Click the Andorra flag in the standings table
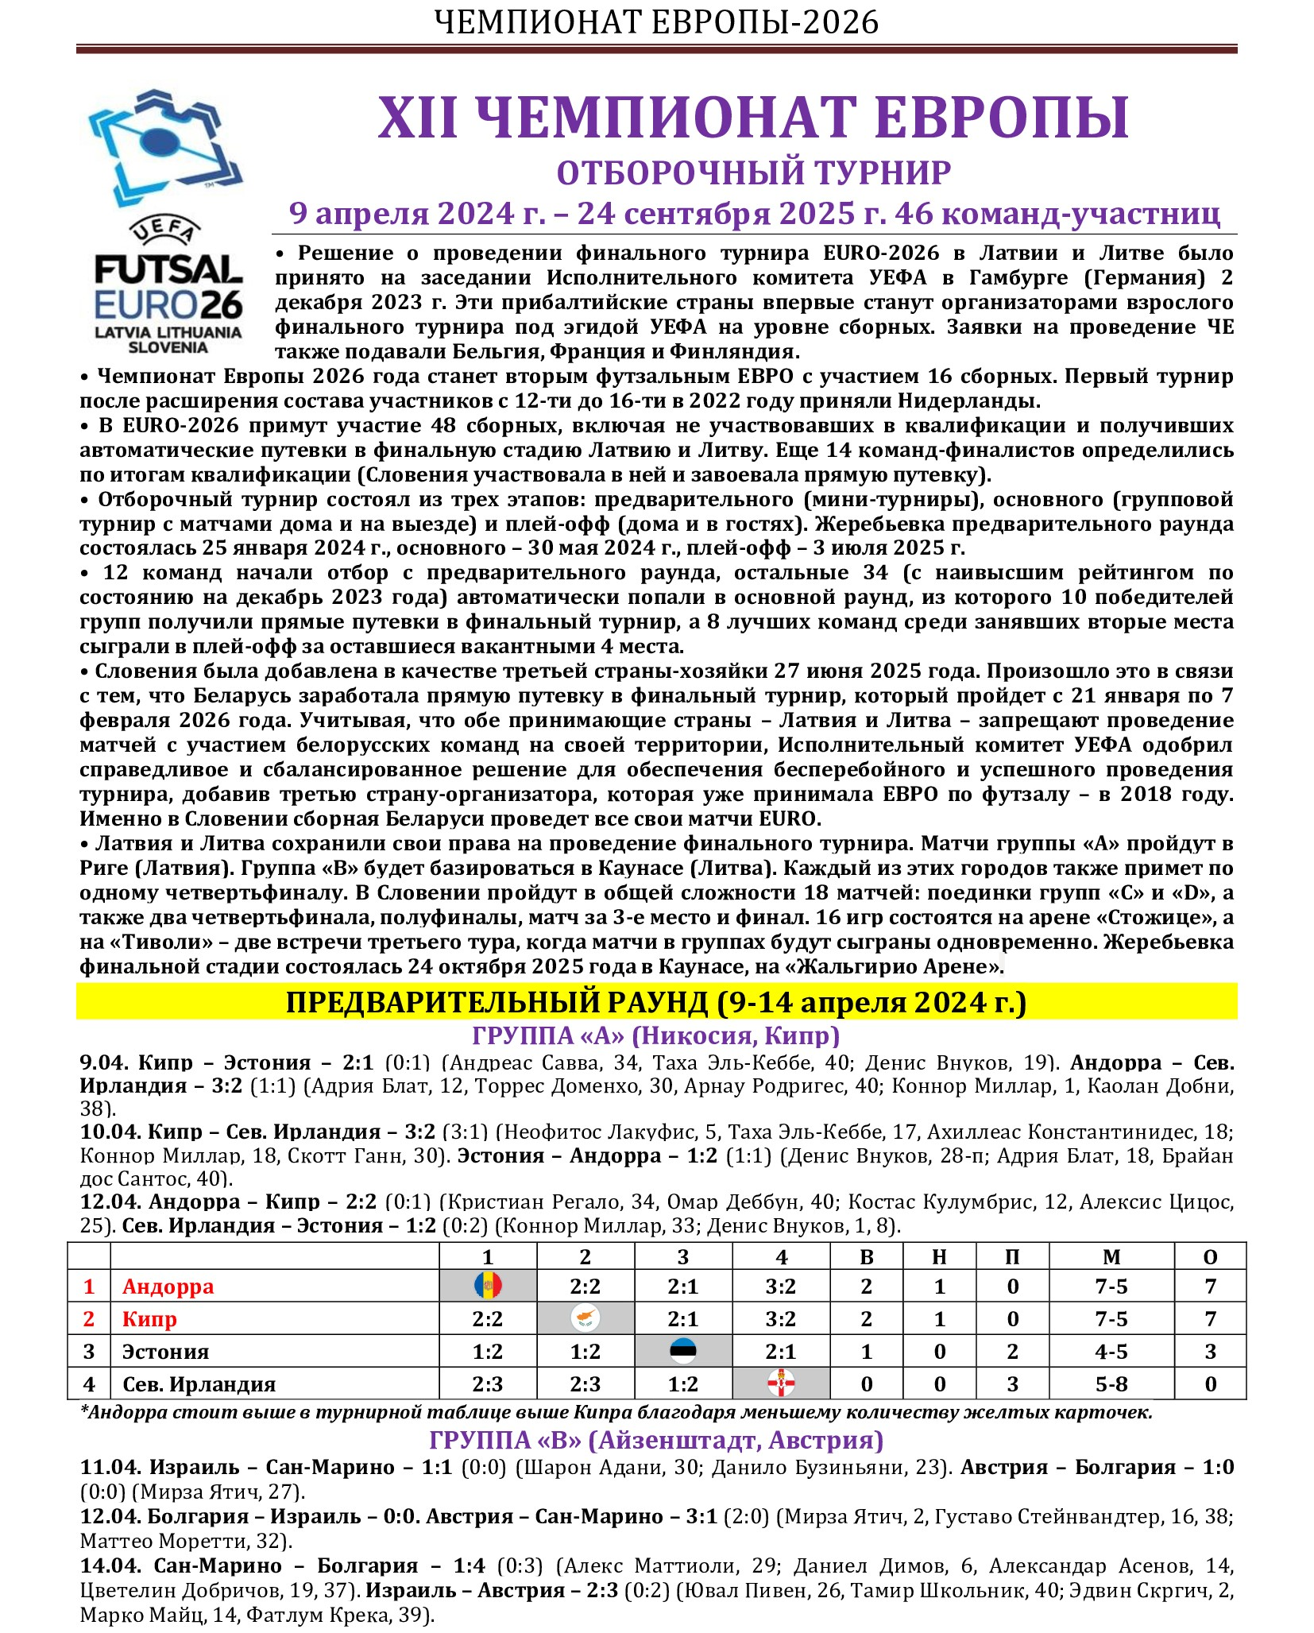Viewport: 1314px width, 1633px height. point(488,1287)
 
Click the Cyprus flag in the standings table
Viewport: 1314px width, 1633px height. point(586,1319)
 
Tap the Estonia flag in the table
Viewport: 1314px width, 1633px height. point(683,1352)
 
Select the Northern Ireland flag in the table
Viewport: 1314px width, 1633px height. point(781,1384)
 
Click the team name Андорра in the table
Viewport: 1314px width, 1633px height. point(168,1287)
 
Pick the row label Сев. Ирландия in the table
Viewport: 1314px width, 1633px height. point(199,1384)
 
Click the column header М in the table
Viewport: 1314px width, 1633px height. point(1111,1256)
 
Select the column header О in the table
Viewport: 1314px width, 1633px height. point(1210,1256)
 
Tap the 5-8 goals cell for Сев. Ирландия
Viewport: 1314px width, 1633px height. point(1111,1384)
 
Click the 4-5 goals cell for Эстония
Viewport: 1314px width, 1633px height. point(1111,1352)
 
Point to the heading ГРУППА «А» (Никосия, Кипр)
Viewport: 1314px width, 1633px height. point(656,1036)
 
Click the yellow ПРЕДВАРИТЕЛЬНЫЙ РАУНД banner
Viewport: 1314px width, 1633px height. point(656,1003)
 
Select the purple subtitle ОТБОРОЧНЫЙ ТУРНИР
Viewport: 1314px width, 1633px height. point(753,173)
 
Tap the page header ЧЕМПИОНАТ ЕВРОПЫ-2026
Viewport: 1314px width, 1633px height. point(656,22)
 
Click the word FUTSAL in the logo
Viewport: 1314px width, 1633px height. point(168,271)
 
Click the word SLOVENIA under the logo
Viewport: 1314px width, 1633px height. point(168,347)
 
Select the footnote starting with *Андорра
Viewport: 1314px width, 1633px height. point(616,1412)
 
